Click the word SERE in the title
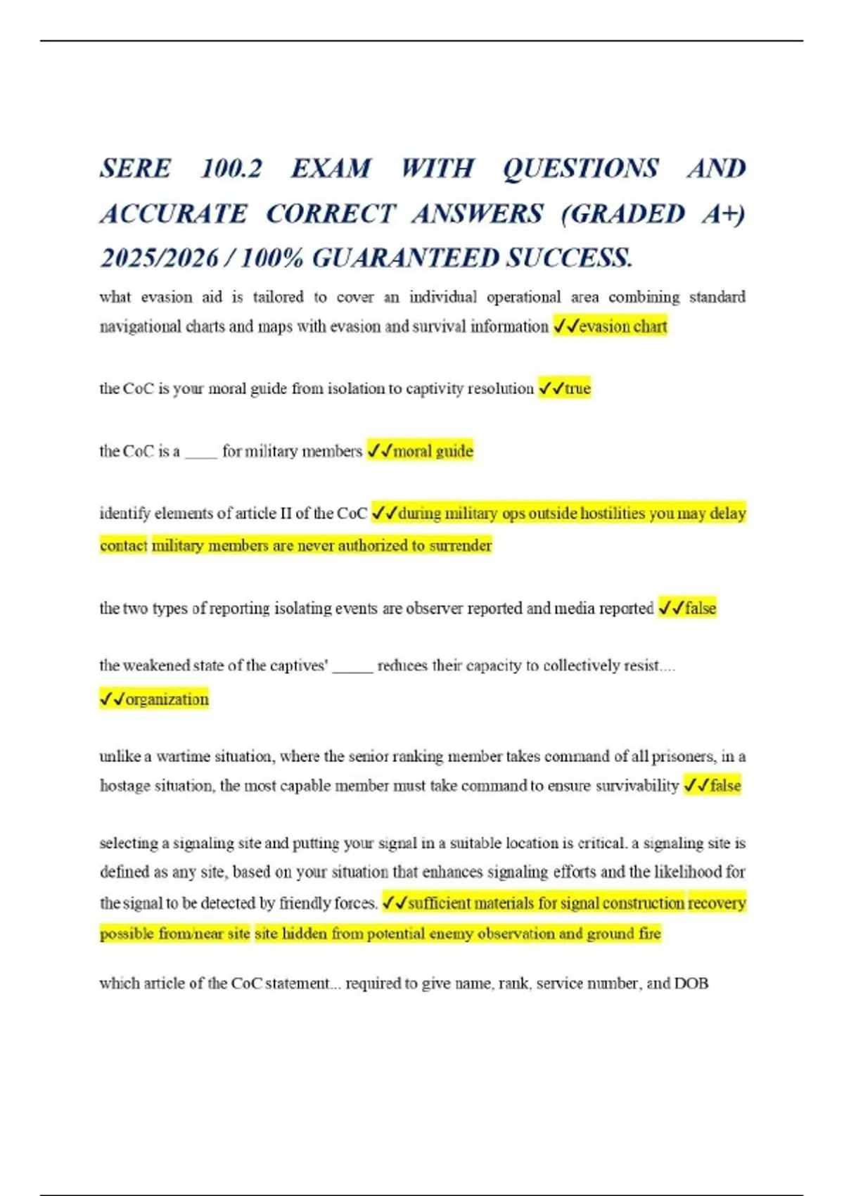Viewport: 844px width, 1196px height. (x=135, y=169)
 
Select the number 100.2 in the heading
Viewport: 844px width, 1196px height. (x=231, y=169)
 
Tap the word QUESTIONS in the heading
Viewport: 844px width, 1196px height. (x=581, y=169)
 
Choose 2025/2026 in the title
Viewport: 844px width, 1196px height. (x=159, y=258)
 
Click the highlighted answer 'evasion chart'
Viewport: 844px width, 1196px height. (x=622, y=326)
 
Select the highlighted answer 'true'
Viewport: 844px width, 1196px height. (x=577, y=388)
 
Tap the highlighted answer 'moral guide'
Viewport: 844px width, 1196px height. (x=433, y=451)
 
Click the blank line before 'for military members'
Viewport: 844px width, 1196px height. (x=201, y=454)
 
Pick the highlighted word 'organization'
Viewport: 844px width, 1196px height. (x=167, y=699)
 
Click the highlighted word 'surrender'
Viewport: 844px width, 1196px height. (x=460, y=545)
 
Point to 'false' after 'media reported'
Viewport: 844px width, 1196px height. (x=701, y=609)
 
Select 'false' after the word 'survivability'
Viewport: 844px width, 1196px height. (x=725, y=786)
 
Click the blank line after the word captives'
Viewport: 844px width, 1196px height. (x=352, y=669)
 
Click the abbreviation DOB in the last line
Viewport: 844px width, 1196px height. (x=691, y=984)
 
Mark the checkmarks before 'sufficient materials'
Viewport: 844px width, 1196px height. (x=394, y=903)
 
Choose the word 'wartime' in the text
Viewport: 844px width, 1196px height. (x=180, y=757)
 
